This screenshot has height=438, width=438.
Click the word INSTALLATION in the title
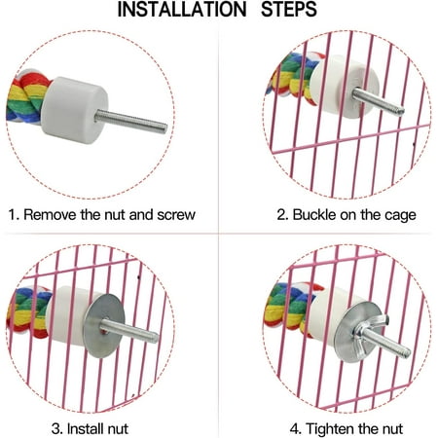182,10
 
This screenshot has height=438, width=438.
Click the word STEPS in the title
289,10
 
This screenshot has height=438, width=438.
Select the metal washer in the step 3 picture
104,325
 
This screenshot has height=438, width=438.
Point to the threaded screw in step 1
131,121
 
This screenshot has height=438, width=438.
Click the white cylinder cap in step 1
75,109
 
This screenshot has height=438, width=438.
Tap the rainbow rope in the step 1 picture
26,97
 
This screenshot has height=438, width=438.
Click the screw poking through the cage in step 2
379,102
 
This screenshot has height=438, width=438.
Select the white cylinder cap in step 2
345,87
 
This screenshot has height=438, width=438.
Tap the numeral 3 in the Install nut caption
55,428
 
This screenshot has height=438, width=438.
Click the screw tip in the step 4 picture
407,352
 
